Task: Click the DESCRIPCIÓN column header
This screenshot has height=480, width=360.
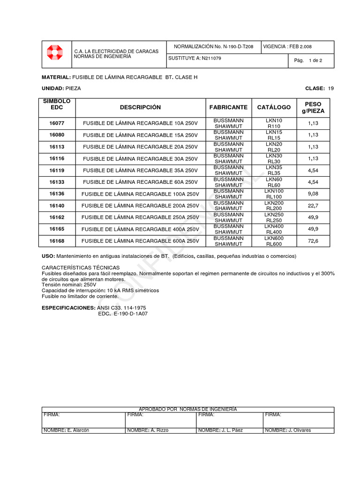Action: pos(140,107)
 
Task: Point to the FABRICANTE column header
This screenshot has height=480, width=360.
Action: pos(228,107)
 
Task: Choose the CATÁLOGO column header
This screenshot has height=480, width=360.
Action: pos(274,107)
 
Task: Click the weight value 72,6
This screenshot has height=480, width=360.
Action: pos(313,241)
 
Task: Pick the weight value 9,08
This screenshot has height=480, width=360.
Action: pos(313,194)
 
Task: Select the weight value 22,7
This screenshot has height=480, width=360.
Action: pos(313,205)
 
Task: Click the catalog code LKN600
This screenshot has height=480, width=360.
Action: pos(274,238)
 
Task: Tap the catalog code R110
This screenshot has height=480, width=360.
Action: pos(274,127)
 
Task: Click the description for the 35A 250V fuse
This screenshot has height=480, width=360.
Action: pos(140,170)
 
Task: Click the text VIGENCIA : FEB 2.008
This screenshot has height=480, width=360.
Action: pos(288,47)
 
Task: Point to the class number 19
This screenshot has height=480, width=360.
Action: pos(331,88)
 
